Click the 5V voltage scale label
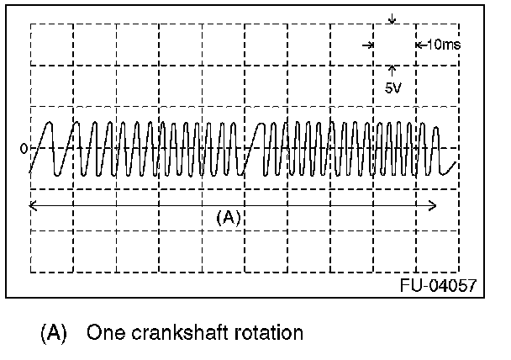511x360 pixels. click(x=392, y=87)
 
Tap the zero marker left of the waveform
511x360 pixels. click(x=24, y=149)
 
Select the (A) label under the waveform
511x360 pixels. click(x=229, y=217)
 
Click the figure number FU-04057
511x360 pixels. click(x=438, y=285)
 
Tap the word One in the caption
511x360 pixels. click(x=102, y=333)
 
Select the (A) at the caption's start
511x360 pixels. click(x=54, y=333)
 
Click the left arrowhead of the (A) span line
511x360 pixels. click(x=33, y=204)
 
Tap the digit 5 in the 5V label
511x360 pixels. click(x=387, y=87)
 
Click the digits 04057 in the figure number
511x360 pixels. click(x=452, y=285)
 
